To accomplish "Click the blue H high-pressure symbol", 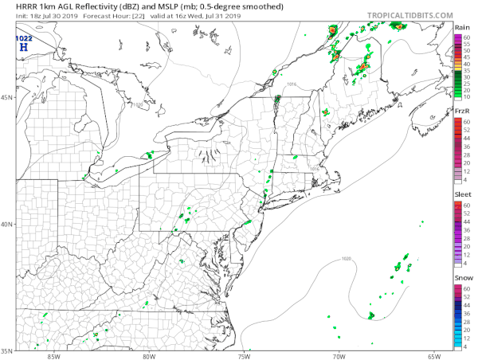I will (x=23, y=48).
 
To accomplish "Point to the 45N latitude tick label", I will (x=7, y=98).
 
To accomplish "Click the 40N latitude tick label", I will (x=7, y=224).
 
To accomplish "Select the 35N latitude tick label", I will (x=7, y=350).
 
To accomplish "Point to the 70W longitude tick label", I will (x=339, y=355).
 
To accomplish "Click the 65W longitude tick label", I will (x=434, y=355).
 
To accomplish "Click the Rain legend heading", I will (x=461, y=27).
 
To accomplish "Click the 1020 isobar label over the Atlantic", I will (x=346, y=258).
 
